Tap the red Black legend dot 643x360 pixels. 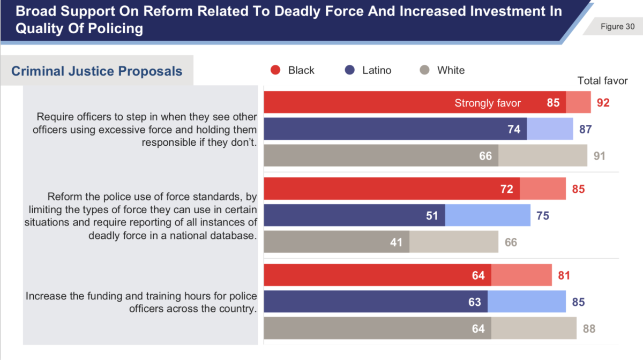pyautogui.click(x=275, y=70)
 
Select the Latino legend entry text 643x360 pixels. pyautogui.click(x=377, y=70)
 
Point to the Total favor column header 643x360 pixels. pyautogui.click(x=602, y=81)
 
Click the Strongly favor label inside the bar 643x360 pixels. pyautogui.click(x=487, y=103)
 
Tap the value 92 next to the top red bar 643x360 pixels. pyautogui.click(x=603, y=102)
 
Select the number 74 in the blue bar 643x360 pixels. pyautogui.click(x=514, y=129)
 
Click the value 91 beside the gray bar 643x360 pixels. pyautogui.click(x=599, y=156)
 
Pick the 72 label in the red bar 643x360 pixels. pyautogui.click(x=506, y=189)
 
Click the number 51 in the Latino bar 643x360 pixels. pyautogui.click(x=432, y=215)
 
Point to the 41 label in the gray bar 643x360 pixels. pyautogui.click(x=396, y=242)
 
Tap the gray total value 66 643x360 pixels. pyautogui.click(x=511, y=242)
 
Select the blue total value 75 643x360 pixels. pyautogui.click(x=542, y=215)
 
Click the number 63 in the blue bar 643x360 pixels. pyautogui.click(x=474, y=302)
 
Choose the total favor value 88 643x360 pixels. pyautogui.click(x=589, y=328)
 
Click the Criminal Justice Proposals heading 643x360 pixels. pyautogui.click(x=96, y=71)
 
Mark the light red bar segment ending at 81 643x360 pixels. pyautogui.click(x=521, y=275)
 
